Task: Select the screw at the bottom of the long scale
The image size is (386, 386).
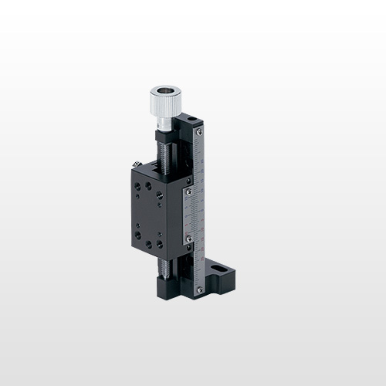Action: point(200,289)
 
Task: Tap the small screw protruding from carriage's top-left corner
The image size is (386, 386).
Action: point(136,164)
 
